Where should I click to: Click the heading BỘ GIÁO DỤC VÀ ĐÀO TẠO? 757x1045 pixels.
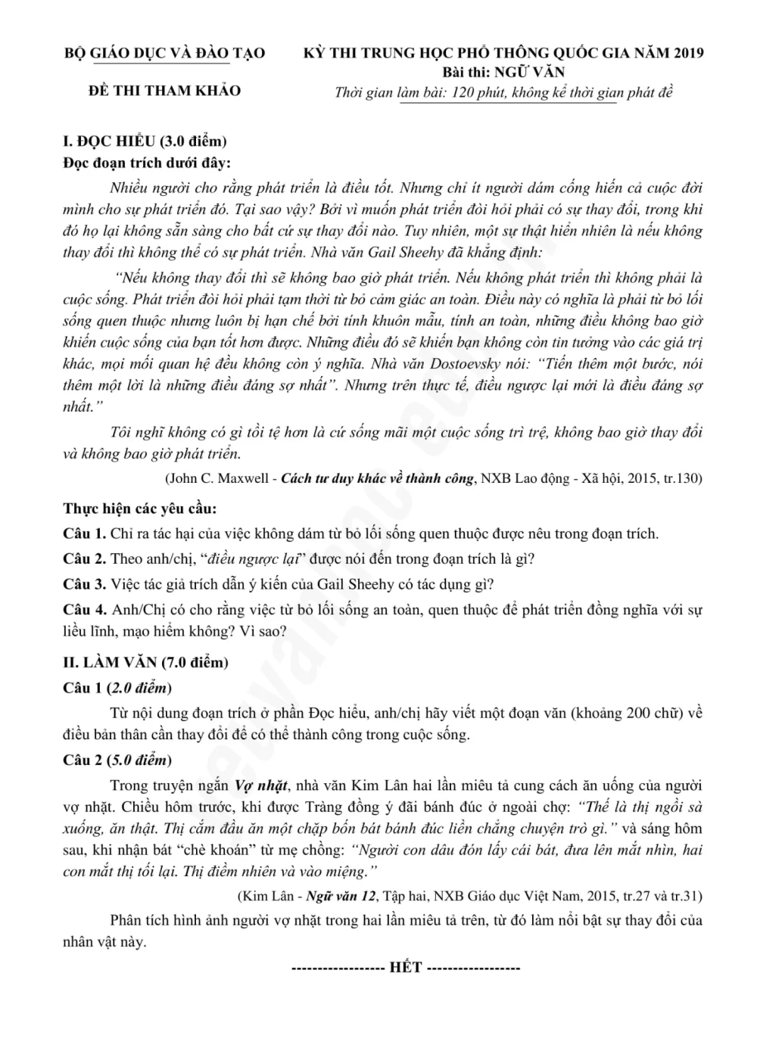(164, 54)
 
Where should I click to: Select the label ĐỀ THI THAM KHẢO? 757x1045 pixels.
(164, 91)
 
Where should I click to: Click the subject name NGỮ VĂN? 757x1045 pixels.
(529, 73)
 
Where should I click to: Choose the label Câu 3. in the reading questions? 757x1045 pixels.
(85, 584)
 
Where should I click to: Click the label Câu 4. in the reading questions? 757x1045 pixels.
(85, 610)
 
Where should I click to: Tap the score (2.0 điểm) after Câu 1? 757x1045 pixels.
(139, 688)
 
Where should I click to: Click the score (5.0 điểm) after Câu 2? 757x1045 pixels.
(139, 760)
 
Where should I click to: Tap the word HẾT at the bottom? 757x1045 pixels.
(405, 968)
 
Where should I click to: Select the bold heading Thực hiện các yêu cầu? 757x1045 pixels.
(139, 509)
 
